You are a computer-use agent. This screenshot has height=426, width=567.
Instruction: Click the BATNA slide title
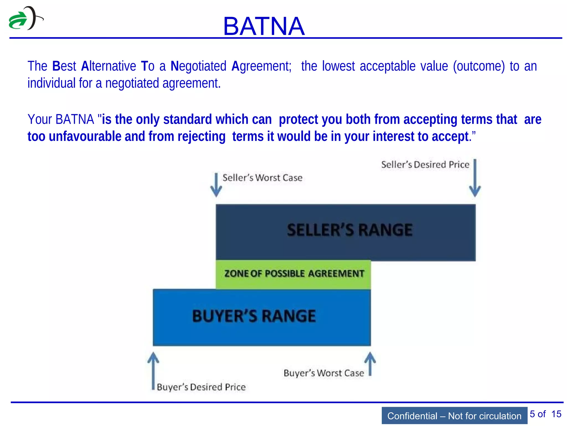264,26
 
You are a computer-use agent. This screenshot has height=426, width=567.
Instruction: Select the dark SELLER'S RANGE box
346,232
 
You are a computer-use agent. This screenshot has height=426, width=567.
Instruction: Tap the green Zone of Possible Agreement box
293,274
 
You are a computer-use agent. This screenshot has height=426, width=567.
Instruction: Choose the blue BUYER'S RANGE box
262,317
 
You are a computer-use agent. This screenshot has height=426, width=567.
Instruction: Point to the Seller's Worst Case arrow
216,185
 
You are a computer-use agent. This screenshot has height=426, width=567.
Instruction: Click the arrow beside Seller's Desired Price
475,178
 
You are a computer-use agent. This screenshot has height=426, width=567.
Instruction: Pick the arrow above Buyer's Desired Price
153,370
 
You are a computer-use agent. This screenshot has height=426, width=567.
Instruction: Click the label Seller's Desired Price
425,165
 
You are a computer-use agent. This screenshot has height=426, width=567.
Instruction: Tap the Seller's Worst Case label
262,178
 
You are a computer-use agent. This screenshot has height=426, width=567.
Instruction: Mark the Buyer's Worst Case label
324,373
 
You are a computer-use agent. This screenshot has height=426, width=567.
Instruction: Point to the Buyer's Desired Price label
201,387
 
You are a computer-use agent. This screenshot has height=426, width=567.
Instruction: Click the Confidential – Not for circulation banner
454,416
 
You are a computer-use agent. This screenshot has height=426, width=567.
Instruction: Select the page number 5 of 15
545,414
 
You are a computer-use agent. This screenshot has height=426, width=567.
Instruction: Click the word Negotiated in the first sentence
199,67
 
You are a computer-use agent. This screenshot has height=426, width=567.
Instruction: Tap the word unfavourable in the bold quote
85,137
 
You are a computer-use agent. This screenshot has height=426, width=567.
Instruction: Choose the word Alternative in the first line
108,67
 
